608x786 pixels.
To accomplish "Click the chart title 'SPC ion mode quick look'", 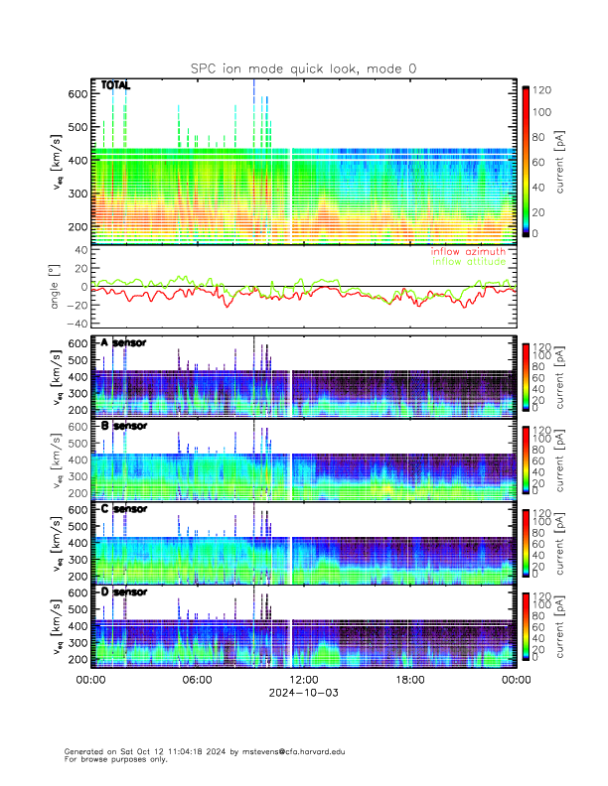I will [x=303, y=67].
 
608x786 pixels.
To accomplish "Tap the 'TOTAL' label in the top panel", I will [x=115, y=86].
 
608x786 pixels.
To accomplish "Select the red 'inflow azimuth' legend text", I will [x=470, y=252].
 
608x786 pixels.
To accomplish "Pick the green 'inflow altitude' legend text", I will [x=470, y=262].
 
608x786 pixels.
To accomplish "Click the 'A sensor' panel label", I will [x=122, y=342].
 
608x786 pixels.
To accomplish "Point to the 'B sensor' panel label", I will [x=122, y=426].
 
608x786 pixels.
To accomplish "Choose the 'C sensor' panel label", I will [x=122, y=509].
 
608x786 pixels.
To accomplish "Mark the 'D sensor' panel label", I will [x=122, y=592].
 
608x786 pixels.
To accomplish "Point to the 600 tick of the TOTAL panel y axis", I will [x=76, y=93].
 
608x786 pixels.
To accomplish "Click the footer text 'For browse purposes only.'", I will [x=112, y=759].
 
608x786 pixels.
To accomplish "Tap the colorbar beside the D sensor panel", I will [x=526, y=625].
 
